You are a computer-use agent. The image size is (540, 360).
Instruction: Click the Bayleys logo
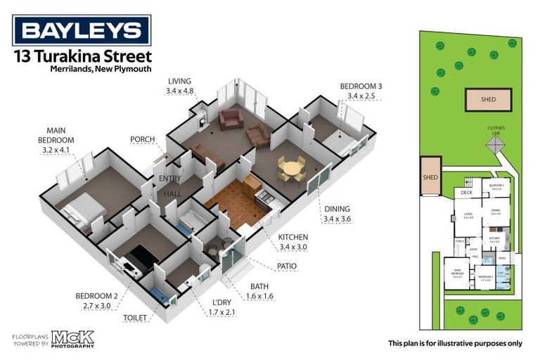coord(82,30)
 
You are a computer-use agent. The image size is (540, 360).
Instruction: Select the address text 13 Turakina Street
coord(82,56)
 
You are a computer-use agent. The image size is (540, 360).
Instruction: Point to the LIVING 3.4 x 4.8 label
coord(181,85)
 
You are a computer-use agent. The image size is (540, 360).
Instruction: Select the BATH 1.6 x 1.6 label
coord(262,291)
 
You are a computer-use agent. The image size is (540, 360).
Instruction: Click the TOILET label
coord(135,318)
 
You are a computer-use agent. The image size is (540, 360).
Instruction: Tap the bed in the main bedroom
coord(81,210)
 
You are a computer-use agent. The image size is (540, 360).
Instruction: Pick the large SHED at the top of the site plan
coord(488,100)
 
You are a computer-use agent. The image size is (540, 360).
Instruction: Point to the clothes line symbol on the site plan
coord(497,146)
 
